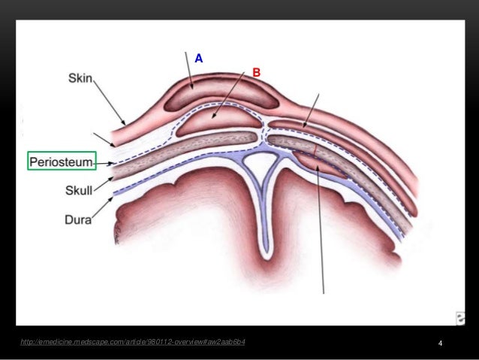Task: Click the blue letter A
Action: (199, 58)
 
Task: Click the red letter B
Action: (256, 73)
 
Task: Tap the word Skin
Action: (80, 78)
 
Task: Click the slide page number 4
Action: (440, 344)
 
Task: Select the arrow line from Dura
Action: (102, 209)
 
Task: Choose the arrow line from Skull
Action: (103, 185)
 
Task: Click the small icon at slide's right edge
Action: (459, 316)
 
